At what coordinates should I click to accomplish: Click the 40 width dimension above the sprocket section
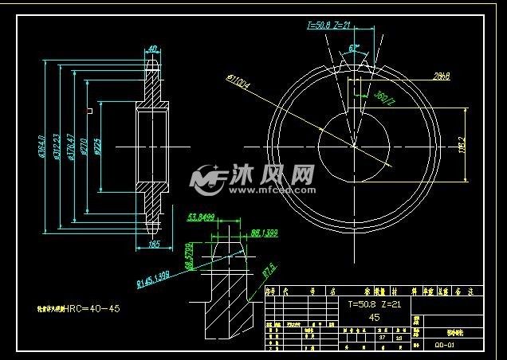click(151, 49)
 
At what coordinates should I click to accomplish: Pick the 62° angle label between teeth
click(354, 49)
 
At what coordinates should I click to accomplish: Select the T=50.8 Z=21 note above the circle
click(329, 25)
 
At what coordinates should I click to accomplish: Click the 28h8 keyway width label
click(442, 76)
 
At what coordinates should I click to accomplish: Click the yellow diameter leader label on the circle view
click(239, 80)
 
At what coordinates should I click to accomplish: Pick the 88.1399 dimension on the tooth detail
click(264, 233)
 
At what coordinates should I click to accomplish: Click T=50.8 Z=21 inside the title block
click(368, 304)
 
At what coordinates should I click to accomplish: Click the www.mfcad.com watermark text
click(275, 191)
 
